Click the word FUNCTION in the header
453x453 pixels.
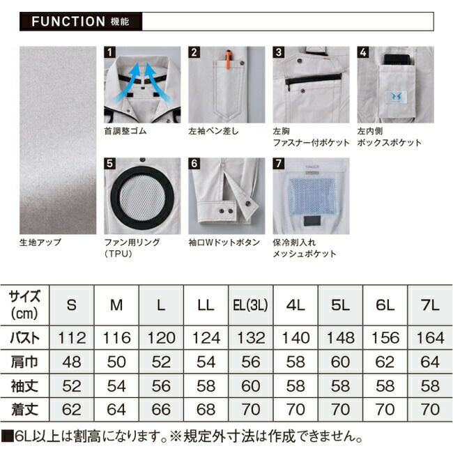(68, 22)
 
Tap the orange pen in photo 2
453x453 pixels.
(228, 60)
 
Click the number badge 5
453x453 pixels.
(110, 163)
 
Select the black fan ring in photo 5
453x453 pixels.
(142, 197)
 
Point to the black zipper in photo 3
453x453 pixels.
(314, 79)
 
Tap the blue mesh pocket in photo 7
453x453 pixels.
(312, 196)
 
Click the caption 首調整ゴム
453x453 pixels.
(125, 131)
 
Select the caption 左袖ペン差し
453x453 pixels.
(213, 131)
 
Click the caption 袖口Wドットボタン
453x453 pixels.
(224, 242)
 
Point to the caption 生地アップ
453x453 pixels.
(40, 242)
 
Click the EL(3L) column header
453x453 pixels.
(251, 305)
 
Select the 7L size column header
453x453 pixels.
(430, 305)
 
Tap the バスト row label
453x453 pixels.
(24, 338)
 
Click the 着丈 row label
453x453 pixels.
(24, 409)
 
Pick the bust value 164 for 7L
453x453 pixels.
(430, 338)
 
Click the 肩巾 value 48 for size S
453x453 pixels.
(72, 362)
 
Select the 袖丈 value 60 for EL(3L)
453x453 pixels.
(251, 385)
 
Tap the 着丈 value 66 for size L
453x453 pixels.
(161, 409)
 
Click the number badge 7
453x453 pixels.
(279, 163)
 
